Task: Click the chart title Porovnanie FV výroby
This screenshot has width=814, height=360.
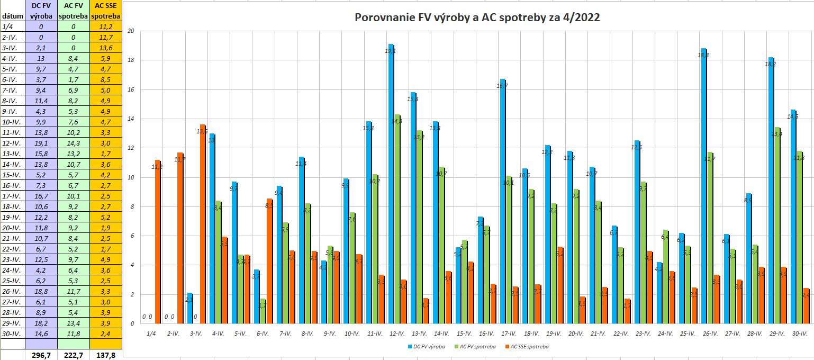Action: pyautogui.click(x=477, y=17)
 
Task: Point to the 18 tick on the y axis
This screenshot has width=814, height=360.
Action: pyautogui.click(x=131, y=60)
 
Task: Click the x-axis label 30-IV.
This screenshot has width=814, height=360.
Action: pyautogui.click(x=799, y=334)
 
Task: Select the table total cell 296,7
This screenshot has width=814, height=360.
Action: pyautogui.click(x=41, y=355)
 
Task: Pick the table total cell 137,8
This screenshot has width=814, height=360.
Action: pyautogui.click(x=106, y=355)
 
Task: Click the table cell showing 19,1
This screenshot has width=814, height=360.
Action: pyautogui.click(x=41, y=143)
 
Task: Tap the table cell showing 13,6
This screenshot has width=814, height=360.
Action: pyautogui.click(x=106, y=48)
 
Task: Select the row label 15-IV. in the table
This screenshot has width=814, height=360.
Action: pyautogui.click(x=12, y=175)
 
